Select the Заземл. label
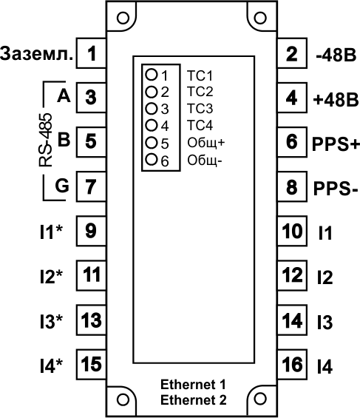pyautogui.click(x=36, y=54)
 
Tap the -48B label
pyautogui.click(x=336, y=55)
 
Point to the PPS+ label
pyautogui.click(x=336, y=144)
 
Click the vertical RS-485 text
pyautogui.click(x=46, y=141)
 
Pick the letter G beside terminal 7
pyautogui.click(x=62, y=186)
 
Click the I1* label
pyautogui.click(x=51, y=232)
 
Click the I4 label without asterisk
pyautogui.click(x=325, y=366)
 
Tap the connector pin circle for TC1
pyautogui.click(x=152, y=75)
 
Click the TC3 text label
pyautogui.click(x=200, y=109)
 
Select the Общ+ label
pyautogui.click(x=206, y=143)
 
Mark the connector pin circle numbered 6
pyautogui.click(x=152, y=159)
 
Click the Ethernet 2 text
pyautogui.click(x=194, y=400)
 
